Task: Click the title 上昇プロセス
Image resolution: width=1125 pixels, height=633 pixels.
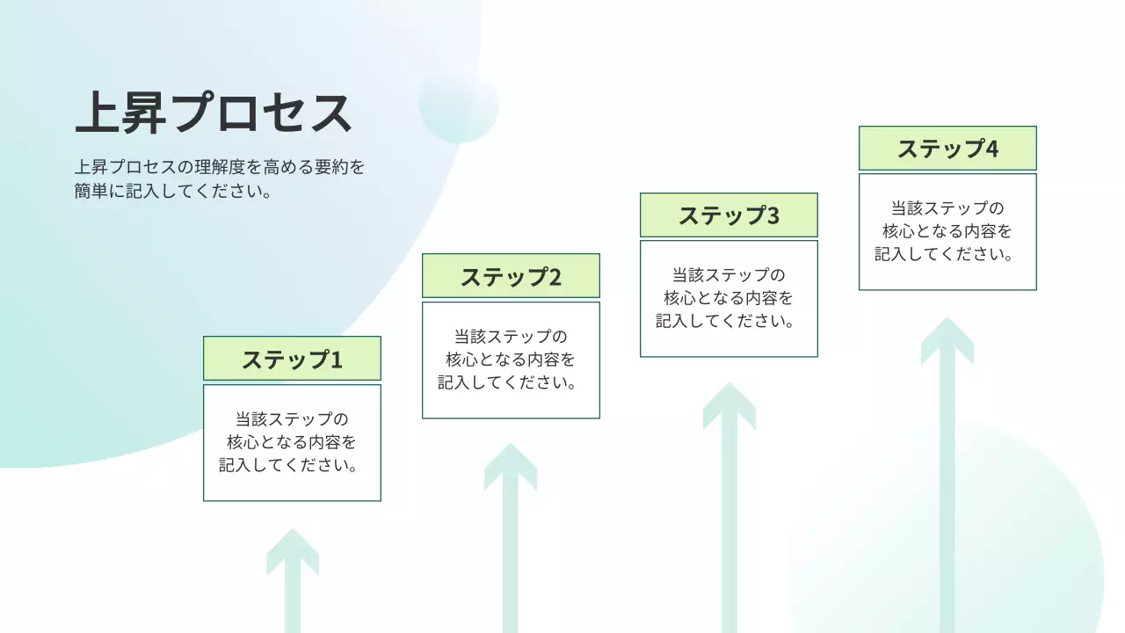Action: click(x=214, y=113)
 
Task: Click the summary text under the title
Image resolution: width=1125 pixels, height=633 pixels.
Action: click(x=219, y=178)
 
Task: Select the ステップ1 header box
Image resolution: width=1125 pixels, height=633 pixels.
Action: click(x=292, y=359)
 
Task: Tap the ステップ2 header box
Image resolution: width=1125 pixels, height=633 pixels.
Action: click(x=511, y=276)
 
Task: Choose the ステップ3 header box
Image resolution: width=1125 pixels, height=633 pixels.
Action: click(x=729, y=215)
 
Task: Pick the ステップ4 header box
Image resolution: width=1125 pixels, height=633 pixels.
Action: click(x=947, y=149)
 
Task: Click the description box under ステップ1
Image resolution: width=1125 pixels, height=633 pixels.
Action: click(x=292, y=442)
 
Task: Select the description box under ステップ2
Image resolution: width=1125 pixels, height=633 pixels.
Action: click(x=511, y=360)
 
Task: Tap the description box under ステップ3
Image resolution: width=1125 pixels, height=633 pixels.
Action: click(x=729, y=298)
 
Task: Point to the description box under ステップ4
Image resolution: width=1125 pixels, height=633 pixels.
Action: click(x=947, y=231)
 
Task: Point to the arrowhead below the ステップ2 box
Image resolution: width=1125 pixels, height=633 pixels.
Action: click(x=511, y=466)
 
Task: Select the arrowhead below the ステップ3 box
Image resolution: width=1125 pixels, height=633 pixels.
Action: click(x=729, y=405)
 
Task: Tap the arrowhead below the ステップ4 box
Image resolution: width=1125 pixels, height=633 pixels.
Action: click(x=947, y=340)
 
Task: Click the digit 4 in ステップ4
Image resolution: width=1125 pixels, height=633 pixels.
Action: click(x=991, y=149)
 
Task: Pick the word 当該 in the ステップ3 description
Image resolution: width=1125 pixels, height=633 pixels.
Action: click(x=686, y=275)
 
